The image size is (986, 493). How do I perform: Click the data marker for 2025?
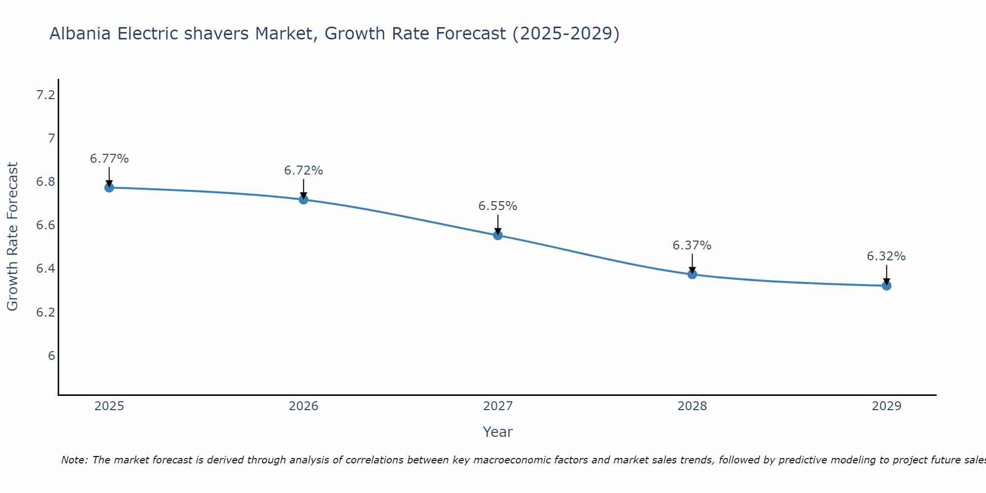pyautogui.click(x=109, y=187)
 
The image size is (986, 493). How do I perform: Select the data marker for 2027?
pyautogui.click(x=497, y=235)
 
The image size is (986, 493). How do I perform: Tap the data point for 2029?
pyautogui.click(x=886, y=285)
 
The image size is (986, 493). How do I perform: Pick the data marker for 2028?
pyautogui.click(x=692, y=274)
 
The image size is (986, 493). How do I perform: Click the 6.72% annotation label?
pyautogui.click(x=303, y=171)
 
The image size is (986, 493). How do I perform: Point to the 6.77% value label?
pyautogui.click(x=109, y=159)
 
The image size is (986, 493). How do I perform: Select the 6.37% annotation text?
pyautogui.click(x=692, y=246)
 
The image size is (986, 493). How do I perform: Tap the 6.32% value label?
pyautogui.click(x=886, y=256)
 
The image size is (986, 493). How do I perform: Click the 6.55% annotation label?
pyautogui.click(x=497, y=206)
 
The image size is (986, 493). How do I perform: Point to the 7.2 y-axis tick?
pyautogui.click(x=45, y=95)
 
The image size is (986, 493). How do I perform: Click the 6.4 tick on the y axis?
pyautogui.click(x=45, y=269)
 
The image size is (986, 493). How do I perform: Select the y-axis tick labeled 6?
pyautogui.click(x=51, y=355)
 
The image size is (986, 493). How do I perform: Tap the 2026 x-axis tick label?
pyautogui.click(x=303, y=406)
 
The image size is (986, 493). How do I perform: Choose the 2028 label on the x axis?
pyautogui.click(x=692, y=406)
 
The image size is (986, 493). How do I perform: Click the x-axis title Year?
pyautogui.click(x=497, y=432)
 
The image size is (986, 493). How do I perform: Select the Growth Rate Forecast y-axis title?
pyautogui.click(x=12, y=237)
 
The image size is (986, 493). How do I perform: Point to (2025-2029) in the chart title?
pyautogui.click(x=566, y=34)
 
